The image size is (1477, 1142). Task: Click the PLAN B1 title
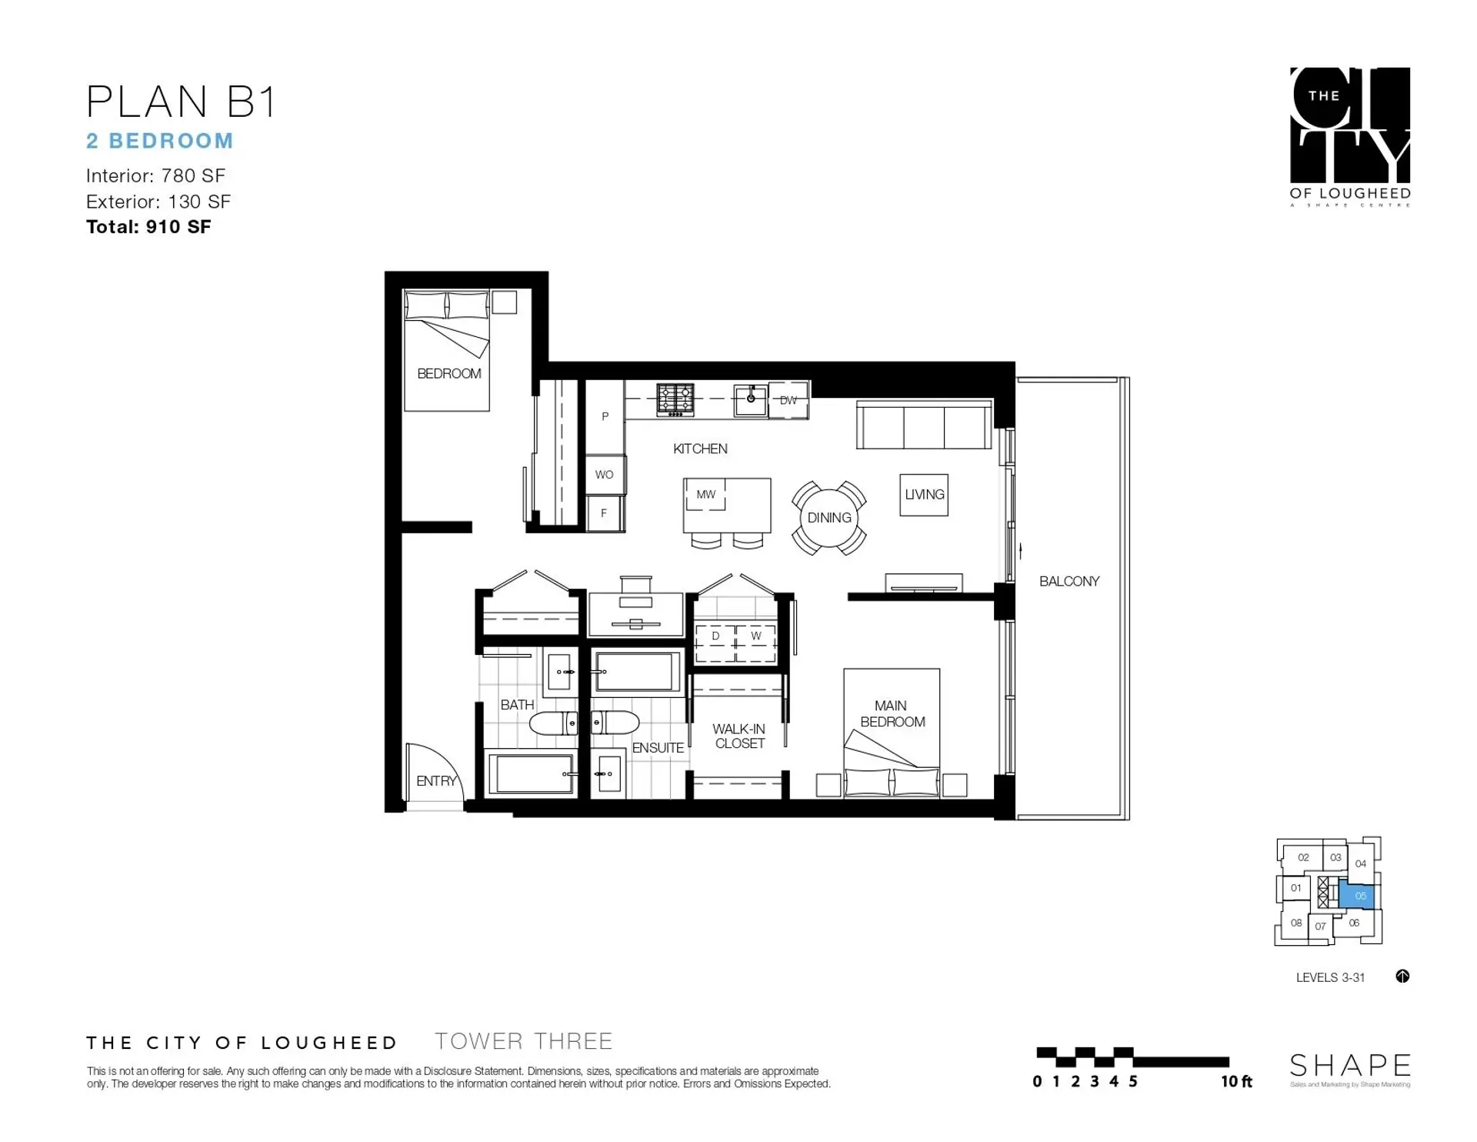click(181, 102)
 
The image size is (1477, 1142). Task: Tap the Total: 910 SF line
click(148, 227)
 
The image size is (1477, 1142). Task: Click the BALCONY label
click(1069, 582)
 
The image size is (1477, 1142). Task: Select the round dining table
click(829, 518)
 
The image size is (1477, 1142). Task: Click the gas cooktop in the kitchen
click(675, 400)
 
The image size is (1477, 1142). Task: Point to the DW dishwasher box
click(788, 400)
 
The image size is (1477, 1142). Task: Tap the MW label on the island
click(705, 495)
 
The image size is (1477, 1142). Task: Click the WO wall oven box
click(605, 475)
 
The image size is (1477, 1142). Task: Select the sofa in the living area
click(923, 426)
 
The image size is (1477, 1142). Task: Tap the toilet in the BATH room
click(552, 723)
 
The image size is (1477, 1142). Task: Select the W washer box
click(755, 636)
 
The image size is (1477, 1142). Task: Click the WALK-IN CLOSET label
click(738, 736)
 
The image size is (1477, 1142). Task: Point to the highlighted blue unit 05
click(1359, 896)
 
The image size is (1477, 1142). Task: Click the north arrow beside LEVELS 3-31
click(1402, 977)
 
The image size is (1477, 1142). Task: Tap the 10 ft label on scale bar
click(1236, 1082)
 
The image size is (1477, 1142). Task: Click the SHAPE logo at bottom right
click(1349, 1067)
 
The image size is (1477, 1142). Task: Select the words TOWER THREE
click(523, 1042)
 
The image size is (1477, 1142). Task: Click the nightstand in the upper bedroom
click(504, 302)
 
